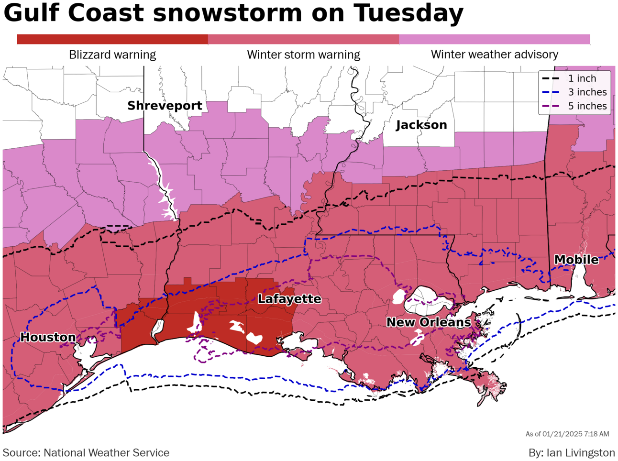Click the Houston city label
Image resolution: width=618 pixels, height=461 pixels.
pyautogui.click(x=48, y=338)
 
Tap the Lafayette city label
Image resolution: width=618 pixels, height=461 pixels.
pyautogui.click(x=289, y=299)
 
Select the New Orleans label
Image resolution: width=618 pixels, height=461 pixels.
pyautogui.click(x=429, y=322)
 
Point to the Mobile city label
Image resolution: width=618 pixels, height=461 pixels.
pyautogui.click(x=576, y=260)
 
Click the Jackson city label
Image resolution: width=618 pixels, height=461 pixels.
pyautogui.click(x=421, y=125)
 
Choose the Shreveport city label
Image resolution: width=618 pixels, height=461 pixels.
pyautogui.click(x=165, y=106)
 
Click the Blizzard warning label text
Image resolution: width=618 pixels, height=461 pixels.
pyautogui.click(x=112, y=55)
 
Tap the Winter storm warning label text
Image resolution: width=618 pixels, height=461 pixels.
pyautogui.click(x=303, y=55)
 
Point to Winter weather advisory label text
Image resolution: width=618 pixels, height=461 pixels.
pyautogui.click(x=494, y=55)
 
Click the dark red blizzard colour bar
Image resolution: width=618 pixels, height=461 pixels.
pyautogui.click(x=112, y=39)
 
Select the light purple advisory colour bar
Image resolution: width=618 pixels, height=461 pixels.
pyautogui.click(x=494, y=39)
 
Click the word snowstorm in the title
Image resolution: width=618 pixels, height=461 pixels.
pyautogui.click(x=228, y=13)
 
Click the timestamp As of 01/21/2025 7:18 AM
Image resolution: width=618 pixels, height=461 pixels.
pyautogui.click(x=567, y=434)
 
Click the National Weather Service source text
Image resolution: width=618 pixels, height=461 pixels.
pyautogui.click(x=106, y=452)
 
